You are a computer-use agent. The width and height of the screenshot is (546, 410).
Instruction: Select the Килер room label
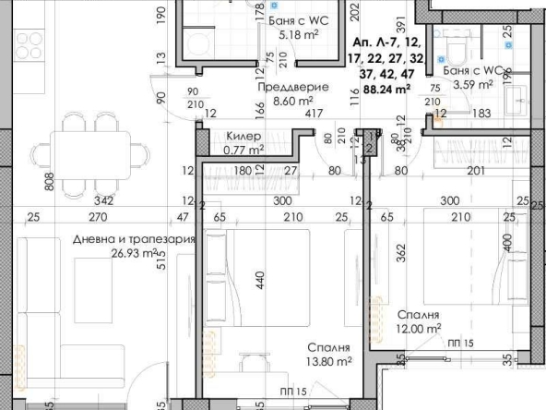[242, 136]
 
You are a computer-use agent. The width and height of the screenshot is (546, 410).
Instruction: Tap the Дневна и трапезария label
[134, 239]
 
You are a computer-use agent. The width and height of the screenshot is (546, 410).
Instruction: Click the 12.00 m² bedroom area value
[419, 328]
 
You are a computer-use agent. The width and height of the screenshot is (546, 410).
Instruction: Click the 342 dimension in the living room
[104, 200]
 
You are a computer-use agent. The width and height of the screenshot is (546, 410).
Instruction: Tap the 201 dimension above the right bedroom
[475, 171]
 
